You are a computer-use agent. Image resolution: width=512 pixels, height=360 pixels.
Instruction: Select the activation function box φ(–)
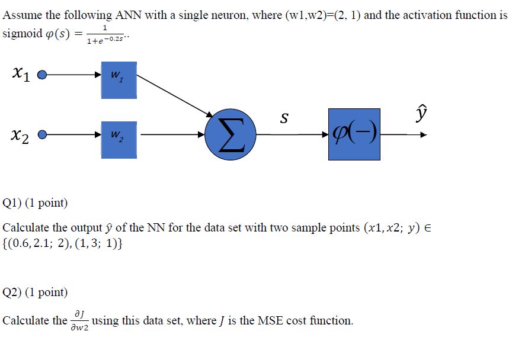(354, 135)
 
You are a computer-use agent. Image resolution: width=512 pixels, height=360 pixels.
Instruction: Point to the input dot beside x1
(41, 75)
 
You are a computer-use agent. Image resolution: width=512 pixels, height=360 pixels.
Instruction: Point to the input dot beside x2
(41, 136)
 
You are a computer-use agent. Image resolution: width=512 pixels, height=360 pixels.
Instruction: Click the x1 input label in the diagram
(20, 73)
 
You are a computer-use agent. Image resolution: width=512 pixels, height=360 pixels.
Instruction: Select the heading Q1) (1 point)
(36, 204)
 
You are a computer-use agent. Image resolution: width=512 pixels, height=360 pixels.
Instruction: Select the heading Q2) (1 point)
(36, 292)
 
